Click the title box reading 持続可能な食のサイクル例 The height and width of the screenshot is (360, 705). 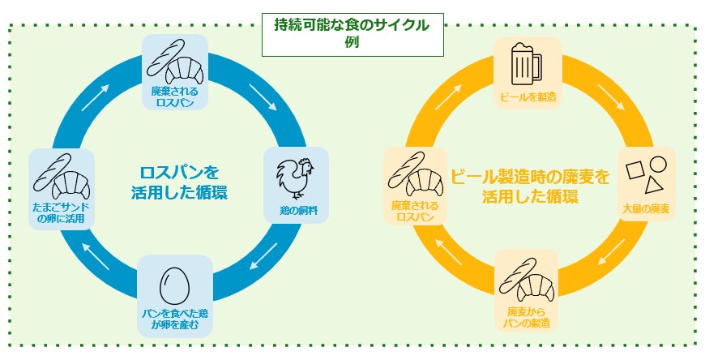(x=352, y=33)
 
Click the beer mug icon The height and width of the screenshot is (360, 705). (x=525, y=61)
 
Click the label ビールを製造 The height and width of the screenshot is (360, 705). (x=524, y=96)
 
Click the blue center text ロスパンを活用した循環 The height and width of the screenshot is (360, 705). (x=179, y=182)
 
